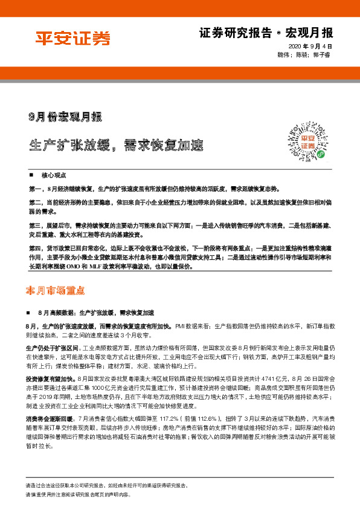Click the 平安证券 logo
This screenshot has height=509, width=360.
(72, 39)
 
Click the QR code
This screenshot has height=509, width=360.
(314, 143)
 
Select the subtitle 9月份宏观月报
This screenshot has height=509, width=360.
(65, 115)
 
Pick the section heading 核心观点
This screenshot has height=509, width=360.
(54, 173)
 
